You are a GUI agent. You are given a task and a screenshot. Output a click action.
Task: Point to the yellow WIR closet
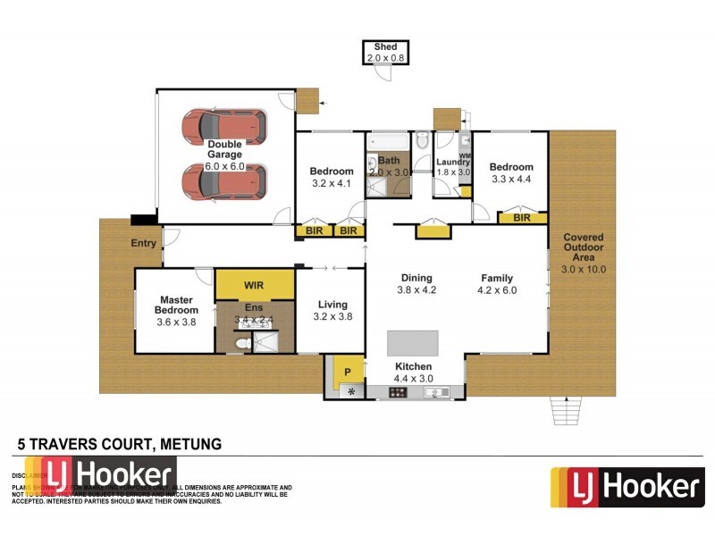click(x=255, y=285)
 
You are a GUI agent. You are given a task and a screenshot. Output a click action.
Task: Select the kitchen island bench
click(x=413, y=343)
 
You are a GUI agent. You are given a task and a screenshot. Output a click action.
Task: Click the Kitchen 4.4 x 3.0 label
click(x=414, y=373)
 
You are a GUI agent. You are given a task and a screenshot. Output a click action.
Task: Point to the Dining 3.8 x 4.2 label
click(x=416, y=283)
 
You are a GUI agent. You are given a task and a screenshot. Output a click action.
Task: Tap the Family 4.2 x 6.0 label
click(x=497, y=283)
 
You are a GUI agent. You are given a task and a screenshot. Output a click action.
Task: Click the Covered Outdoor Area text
click(x=584, y=253)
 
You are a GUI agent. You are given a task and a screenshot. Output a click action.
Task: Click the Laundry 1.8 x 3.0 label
click(x=452, y=167)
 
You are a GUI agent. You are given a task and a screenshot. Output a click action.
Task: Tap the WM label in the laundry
click(x=464, y=156)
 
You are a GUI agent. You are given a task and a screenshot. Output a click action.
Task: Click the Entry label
click(x=143, y=243)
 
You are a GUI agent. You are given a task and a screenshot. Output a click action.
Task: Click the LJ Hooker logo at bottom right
click(x=627, y=487)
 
